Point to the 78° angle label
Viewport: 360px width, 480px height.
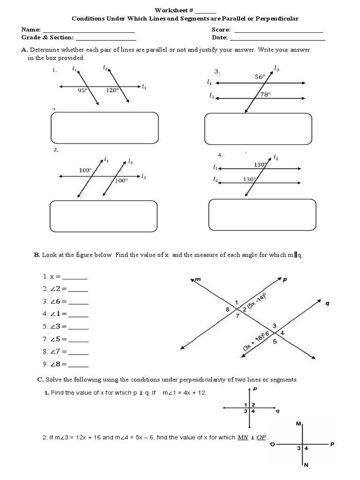click(266, 94)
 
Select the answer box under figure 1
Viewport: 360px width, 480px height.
click(104, 127)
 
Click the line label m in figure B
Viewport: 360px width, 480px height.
click(197, 280)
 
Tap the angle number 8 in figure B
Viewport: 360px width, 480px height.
click(227, 309)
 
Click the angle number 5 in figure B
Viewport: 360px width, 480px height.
click(274, 342)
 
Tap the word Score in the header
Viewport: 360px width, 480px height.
click(221, 30)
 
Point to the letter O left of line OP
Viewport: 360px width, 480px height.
click(272, 444)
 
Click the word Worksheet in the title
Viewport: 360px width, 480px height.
click(170, 10)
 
